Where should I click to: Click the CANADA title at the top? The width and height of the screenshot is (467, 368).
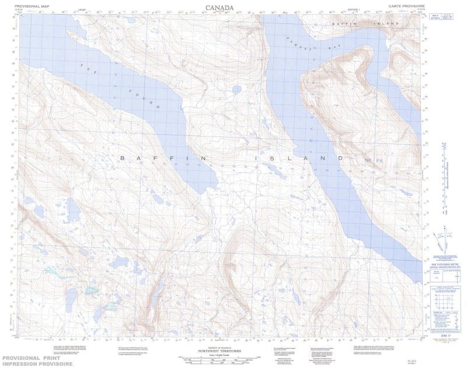click(x=219, y=8)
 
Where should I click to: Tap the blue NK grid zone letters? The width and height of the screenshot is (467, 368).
click(x=368, y=160)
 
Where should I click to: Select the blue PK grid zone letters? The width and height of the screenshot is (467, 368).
click(x=380, y=160)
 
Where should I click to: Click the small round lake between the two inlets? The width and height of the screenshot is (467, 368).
click(x=236, y=90)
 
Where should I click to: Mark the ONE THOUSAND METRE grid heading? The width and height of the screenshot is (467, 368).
click(x=445, y=264)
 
